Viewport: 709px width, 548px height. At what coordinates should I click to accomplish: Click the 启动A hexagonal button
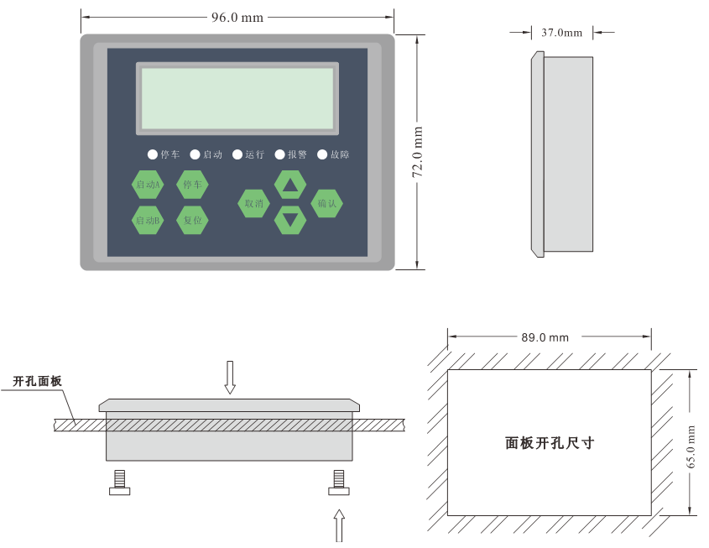click(x=148, y=185)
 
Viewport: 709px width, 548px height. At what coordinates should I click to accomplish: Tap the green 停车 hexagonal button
click(x=192, y=184)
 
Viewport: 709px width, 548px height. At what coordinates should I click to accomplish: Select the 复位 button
click(x=192, y=220)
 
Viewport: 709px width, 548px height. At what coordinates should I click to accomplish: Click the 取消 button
click(x=253, y=203)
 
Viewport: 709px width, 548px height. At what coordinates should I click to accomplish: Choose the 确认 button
click(x=327, y=203)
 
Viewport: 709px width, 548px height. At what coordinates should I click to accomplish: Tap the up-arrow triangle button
click(x=290, y=185)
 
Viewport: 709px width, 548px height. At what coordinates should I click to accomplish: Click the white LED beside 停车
click(x=153, y=154)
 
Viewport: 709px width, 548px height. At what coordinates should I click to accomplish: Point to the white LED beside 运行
click(x=237, y=154)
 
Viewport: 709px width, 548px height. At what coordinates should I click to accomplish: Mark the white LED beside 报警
click(x=279, y=154)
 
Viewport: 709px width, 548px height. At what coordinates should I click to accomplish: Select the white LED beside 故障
click(x=322, y=154)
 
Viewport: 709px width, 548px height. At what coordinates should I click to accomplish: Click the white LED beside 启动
click(x=195, y=154)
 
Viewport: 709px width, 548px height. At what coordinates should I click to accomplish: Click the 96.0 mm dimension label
click(x=237, y=17)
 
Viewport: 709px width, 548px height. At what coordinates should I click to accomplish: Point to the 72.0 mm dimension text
click(x=417, y=152)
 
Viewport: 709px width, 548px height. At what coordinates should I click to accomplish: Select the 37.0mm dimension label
click(x=561, y=33)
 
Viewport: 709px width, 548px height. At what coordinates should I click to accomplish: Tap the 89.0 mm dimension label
click(x=545, y=337)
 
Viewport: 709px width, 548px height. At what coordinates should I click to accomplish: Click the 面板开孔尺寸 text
click(x=550, y=443)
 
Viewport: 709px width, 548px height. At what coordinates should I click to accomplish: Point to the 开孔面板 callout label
click(x=38, y=382)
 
